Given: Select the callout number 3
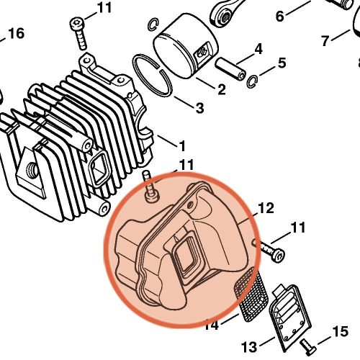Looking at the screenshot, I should click(199, 108).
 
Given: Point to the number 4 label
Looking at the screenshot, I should click(257, 50).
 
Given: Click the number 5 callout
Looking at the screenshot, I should click(282, 63).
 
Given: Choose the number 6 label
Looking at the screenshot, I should click(280, 12).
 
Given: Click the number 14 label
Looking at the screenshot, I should click(210, 325).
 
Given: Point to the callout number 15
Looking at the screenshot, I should click(340, 333).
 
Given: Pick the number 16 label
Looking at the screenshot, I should click(16, 33).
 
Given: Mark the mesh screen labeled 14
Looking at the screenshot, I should click(252, 295).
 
